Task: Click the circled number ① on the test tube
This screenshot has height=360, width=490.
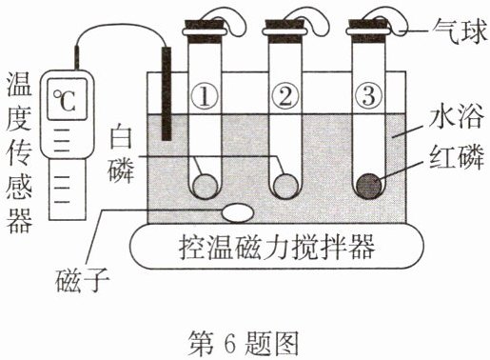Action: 205,96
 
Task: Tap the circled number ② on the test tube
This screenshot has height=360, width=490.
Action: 285,96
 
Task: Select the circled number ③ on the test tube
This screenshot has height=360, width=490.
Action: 369,95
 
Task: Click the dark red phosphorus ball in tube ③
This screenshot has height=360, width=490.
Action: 369,187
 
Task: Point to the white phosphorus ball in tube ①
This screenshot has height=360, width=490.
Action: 206,187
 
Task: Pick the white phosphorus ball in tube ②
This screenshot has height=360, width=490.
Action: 286,187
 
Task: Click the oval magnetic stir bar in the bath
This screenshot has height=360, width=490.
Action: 238,212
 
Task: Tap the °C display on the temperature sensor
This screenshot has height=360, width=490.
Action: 67,99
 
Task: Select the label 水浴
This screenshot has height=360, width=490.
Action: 456,116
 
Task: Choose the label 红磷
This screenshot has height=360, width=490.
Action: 456,157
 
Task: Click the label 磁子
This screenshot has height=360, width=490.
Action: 82,281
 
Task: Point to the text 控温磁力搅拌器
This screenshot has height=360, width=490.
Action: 277,248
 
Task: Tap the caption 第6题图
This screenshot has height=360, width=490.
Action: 244,343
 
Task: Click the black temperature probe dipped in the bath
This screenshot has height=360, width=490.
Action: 167,93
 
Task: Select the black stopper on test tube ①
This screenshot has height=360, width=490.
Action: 205,30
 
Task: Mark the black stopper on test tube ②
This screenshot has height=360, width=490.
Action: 284,30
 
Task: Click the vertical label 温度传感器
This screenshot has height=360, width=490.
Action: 20,151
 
